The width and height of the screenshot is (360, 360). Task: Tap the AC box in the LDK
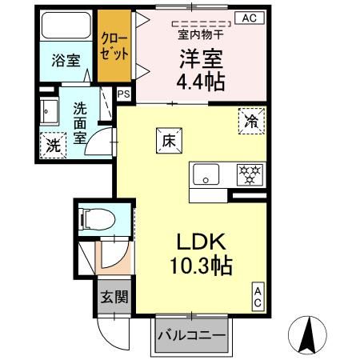pos(258,297)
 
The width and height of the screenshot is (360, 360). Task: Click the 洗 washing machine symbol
pos(52,146)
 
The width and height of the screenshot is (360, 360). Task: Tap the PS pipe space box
pos(124,94)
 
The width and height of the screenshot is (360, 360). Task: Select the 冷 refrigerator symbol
pos(250,122)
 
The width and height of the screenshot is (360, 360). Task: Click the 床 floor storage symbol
pos(170,139)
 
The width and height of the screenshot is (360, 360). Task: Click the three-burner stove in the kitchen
pos(250,174)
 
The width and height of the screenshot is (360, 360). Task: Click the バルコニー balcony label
pos(190,334)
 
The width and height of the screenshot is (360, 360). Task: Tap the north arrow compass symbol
pos(309,334)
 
